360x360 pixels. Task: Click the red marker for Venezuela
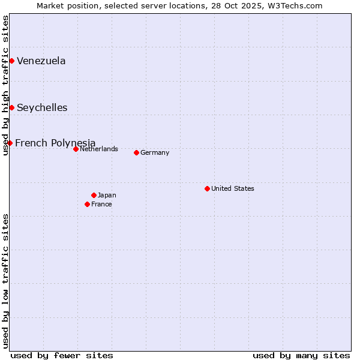(x=11, y=61)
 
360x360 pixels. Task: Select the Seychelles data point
(x=11, y=107)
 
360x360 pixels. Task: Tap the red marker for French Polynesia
(x=10, y=143)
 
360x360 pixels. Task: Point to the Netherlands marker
(x=76, y=149)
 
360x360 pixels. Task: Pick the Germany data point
(x=136, y=152)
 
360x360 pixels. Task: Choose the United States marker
(x=207, y=188)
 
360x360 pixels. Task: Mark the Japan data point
(x=94, y=195)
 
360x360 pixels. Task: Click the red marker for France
(x=87, y=204)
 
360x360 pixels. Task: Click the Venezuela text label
(x=41, y=61)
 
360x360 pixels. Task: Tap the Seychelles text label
(x=42, y=108)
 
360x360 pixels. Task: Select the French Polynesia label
(x=55, y=143)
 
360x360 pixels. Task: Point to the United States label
(x=233, y=188)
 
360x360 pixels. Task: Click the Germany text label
(x=155, y=152)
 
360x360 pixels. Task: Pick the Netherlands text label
(x=99, y=149)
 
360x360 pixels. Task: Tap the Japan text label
(x=107, y=195)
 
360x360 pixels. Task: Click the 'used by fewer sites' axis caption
(x=62, y=355)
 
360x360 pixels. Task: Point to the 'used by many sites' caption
(x=301, y=355)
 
